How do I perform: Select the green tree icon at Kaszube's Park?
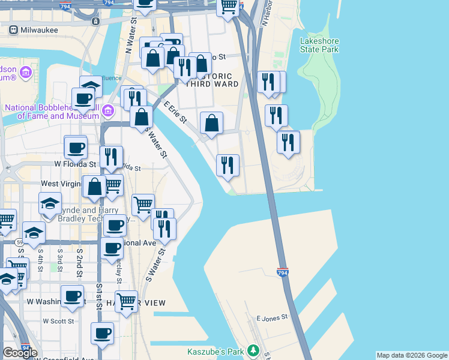click(x=253, y=349)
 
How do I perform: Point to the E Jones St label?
click(x=272, y=317)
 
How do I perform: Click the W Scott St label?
click(x=58, y=321)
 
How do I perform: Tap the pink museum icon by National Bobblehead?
click(x=107, y=110)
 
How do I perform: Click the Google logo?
click(x=20, y=353)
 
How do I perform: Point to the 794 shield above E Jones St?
click(x=283, y=272)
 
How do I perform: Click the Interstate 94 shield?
click(x=26, y=347)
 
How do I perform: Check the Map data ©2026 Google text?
click(x=411, y=355)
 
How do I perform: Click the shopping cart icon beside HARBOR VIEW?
click(x=126, y=301)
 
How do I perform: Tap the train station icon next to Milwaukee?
click(x=95, y=21)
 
